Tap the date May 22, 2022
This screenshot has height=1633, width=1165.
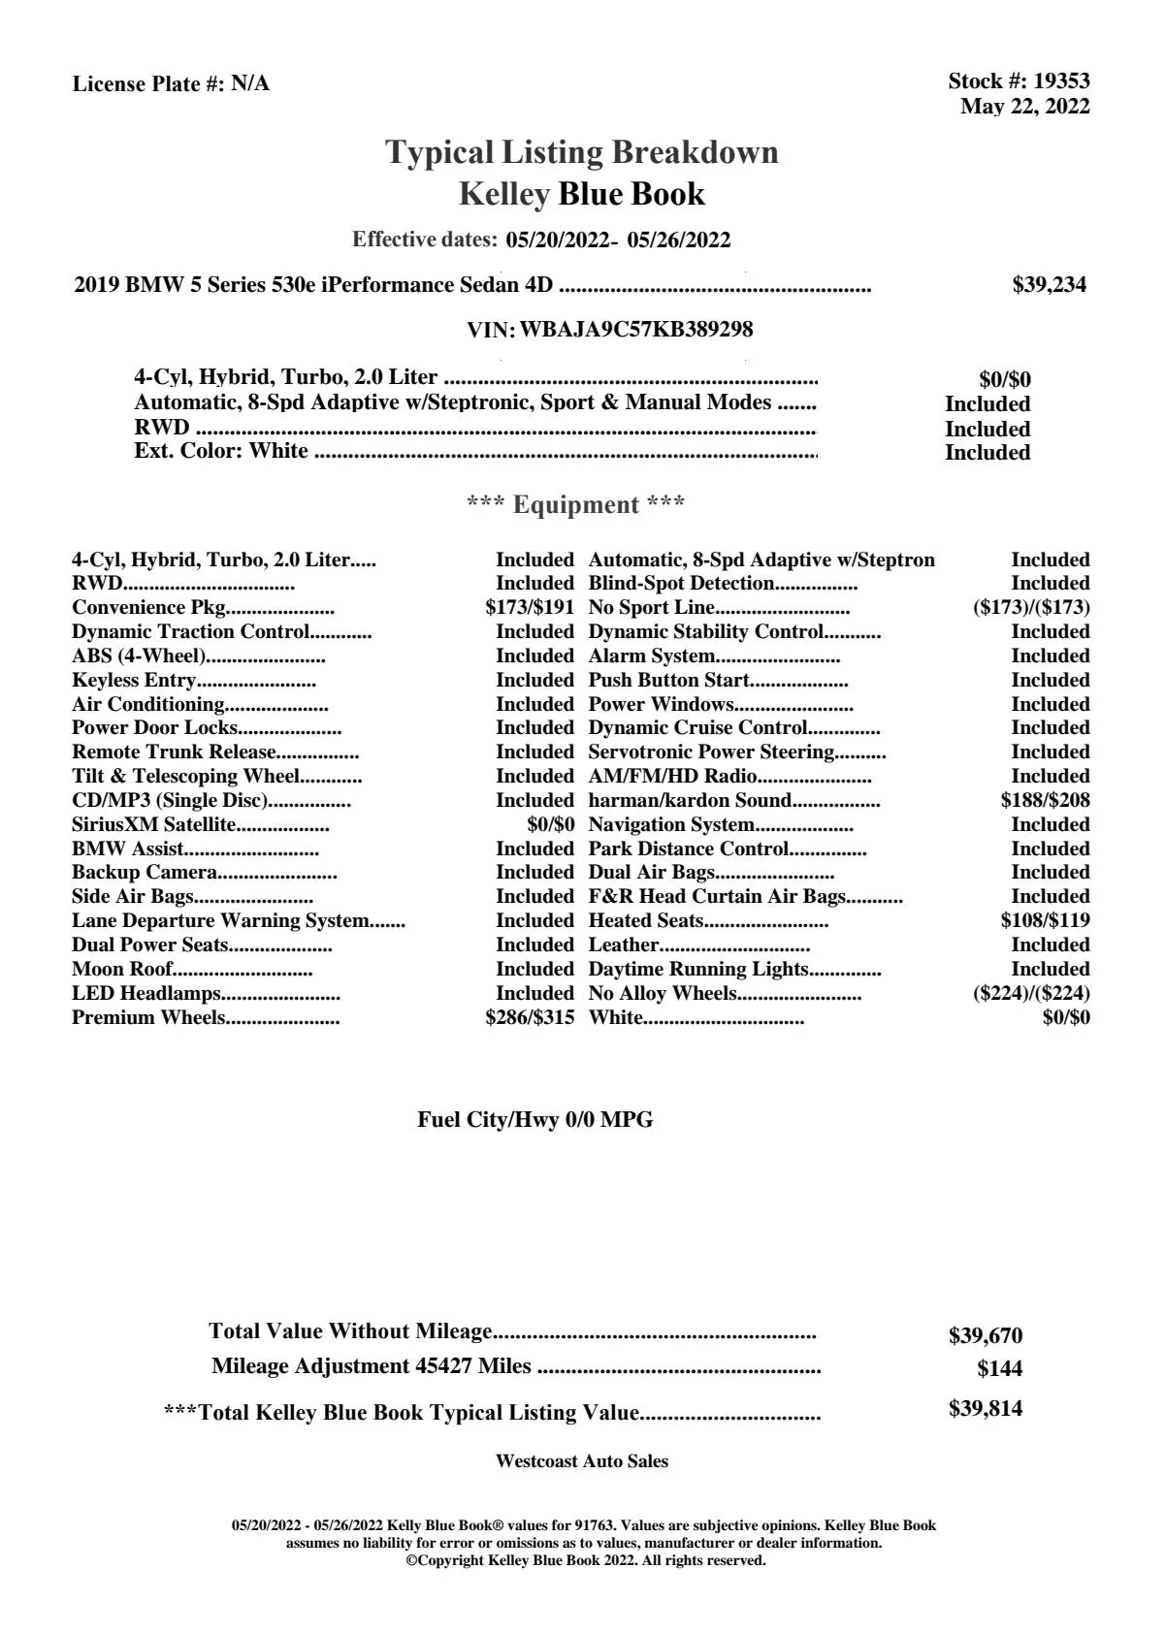coord(1024,107)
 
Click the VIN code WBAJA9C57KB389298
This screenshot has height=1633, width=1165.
coord(636,330)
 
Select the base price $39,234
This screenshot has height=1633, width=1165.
coord(1049,285)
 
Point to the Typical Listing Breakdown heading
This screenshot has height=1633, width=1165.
coord(582,152)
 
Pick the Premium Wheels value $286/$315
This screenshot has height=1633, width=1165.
coord(530,1018)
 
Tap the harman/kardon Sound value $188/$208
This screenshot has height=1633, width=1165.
coord(1045,801)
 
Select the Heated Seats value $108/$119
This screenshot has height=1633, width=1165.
coord(1045,921)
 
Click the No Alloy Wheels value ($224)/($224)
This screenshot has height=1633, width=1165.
coord(1030,994)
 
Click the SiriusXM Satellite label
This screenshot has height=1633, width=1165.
coord(154,825)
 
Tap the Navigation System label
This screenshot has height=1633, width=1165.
coord(671,825)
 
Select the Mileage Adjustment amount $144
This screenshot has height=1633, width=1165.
coord(999,1369)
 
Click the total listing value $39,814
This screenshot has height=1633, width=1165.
coord(985,1409)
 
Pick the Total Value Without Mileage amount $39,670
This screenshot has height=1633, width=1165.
coord(985,1336)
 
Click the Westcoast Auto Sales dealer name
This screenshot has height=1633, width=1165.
coord(581,1461)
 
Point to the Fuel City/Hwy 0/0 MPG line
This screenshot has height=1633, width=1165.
coord(534,1121)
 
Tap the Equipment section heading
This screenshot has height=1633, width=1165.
coord(575,505)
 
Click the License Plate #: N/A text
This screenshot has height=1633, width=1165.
coord(171,84)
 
